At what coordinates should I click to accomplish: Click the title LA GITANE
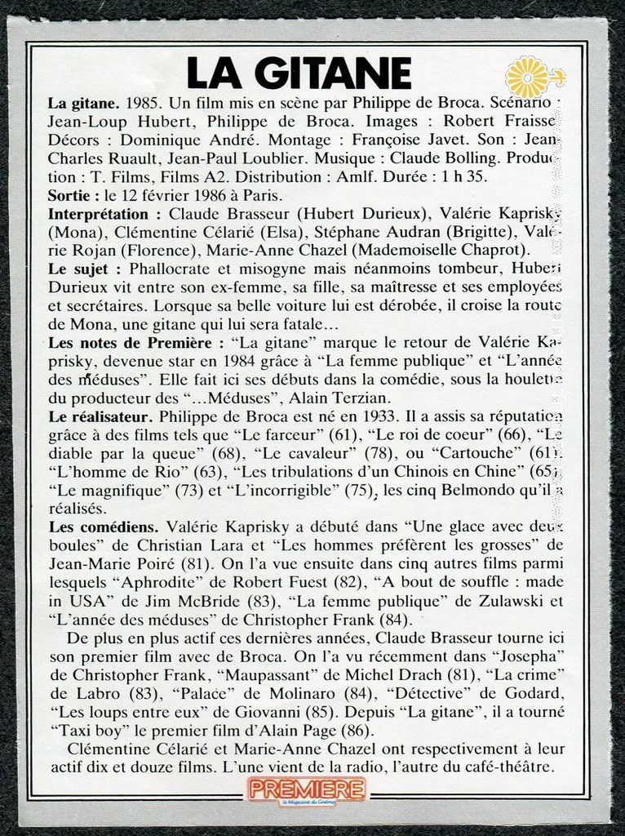tap(299, 73)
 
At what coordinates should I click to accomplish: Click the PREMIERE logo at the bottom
tap(307, 789)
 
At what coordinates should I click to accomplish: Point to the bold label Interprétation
tap(104, 213)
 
